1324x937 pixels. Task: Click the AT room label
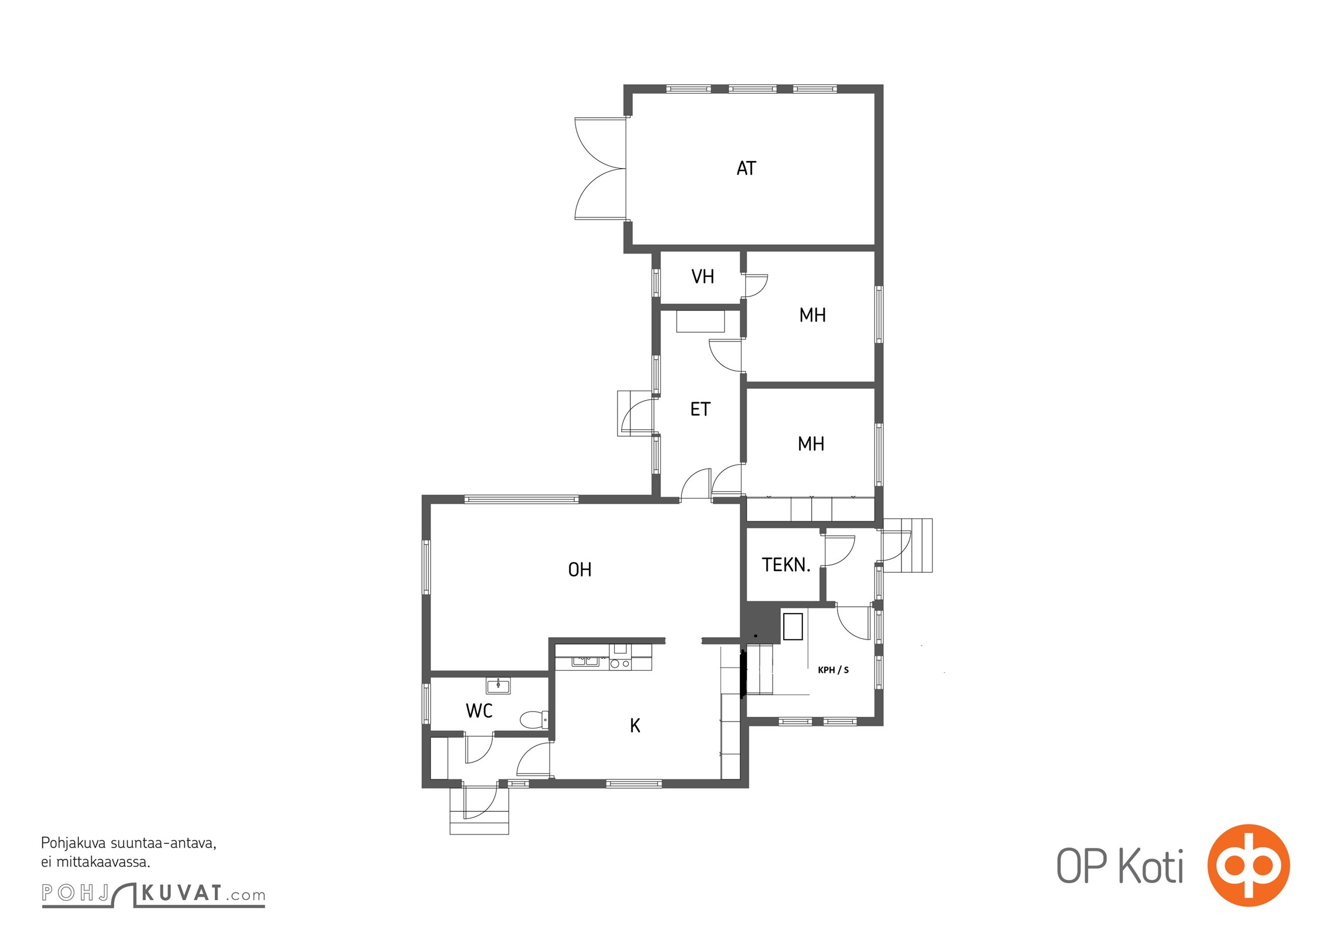746,169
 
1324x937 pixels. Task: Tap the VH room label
702,276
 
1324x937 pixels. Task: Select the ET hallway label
700,409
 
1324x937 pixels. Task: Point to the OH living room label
579,569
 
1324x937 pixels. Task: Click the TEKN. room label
786,565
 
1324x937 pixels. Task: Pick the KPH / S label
833,670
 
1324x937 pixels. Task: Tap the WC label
479,711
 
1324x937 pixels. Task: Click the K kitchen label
635,726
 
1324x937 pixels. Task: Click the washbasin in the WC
498,685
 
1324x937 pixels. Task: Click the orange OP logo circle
1248,865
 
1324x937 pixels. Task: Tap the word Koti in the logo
1151,867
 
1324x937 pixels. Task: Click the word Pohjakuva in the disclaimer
73,843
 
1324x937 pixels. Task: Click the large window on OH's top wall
522,500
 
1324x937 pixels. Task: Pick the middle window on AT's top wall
753,89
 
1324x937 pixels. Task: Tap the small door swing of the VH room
756,286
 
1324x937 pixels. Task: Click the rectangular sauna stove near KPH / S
793,626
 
